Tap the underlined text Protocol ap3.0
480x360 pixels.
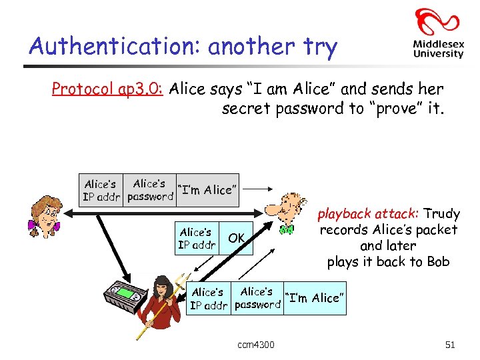pos(109,89)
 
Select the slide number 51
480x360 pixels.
pos(449,345)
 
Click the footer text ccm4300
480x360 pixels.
pos(255,345)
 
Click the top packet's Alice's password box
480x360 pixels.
pos(149,190)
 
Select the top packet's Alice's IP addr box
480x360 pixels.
pos(101,190)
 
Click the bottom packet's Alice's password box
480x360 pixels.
pos(257,298)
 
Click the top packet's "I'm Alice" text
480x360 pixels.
pos(206,190)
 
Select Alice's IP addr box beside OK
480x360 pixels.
pos(196,238)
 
